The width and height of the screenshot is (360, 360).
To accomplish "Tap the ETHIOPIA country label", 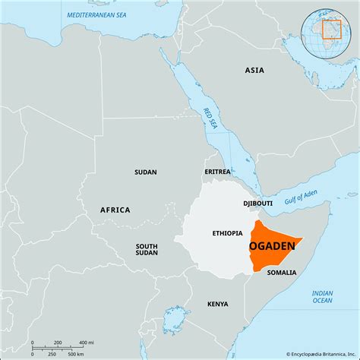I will click(227, 233).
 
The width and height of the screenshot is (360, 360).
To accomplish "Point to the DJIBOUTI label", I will click(257, 204).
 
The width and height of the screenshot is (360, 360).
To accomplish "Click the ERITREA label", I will click(216, 172).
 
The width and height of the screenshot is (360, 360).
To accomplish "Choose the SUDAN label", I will click(145, 172).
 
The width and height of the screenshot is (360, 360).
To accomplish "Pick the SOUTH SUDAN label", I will click(147, 250).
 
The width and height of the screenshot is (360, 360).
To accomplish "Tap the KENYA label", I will click(217, 304).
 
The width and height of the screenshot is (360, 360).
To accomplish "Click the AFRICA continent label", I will click(115, 210).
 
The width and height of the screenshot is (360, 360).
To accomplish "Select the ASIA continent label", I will click(254, 70).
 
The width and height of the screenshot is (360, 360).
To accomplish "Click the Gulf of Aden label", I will click(300, 199).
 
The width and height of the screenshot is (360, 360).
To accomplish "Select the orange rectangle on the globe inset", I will click(332, 29).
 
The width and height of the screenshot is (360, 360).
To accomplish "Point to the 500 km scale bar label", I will click(75, 354).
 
